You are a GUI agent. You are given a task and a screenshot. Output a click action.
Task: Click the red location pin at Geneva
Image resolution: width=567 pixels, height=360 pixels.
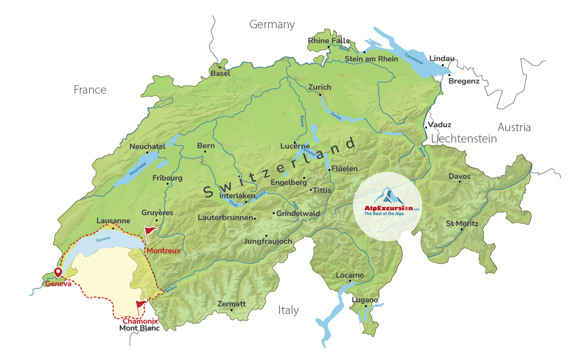(58, 272)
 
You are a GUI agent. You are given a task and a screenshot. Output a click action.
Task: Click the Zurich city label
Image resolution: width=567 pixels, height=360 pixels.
(319, 87)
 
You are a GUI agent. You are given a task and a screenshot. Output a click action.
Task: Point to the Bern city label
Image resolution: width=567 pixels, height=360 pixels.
(206, 146)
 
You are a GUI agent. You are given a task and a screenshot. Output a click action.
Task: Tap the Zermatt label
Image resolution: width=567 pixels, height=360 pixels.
(231, 304)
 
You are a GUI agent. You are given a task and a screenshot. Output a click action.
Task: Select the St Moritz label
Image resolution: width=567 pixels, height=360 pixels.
(462, 224)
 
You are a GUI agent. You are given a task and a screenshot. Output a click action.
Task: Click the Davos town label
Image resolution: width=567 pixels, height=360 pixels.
(459, 176)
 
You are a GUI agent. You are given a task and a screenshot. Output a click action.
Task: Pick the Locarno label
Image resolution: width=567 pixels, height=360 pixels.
(350, 275)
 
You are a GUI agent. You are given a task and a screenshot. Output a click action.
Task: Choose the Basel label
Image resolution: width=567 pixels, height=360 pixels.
(220, 73)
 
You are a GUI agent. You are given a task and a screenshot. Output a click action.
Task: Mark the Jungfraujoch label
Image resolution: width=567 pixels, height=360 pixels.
(268, 241)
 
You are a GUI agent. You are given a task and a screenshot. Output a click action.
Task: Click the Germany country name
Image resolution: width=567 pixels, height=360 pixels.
(272, 25)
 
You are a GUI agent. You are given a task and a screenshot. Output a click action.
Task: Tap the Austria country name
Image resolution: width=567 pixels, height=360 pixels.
(514, 128)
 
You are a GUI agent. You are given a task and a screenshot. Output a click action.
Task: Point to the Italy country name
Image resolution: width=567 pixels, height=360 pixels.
(288, 310)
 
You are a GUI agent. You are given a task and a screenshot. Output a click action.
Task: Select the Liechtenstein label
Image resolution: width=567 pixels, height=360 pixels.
(464, 139)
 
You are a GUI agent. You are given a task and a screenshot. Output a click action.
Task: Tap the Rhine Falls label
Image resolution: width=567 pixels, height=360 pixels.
(329, 41)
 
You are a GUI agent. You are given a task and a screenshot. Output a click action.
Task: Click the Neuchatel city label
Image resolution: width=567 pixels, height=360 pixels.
(147, 147)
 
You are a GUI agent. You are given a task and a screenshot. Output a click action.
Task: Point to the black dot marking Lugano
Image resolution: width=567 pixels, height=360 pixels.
(366, 306)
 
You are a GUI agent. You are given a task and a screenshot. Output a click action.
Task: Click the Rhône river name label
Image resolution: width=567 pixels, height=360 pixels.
(171, 289)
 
